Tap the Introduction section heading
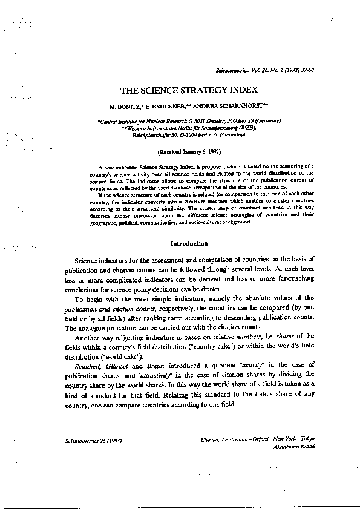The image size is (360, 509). tap(189, 244)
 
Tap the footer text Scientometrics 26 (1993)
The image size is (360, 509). tap(92, 441)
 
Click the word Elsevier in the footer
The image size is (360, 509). tap(210, 438)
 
